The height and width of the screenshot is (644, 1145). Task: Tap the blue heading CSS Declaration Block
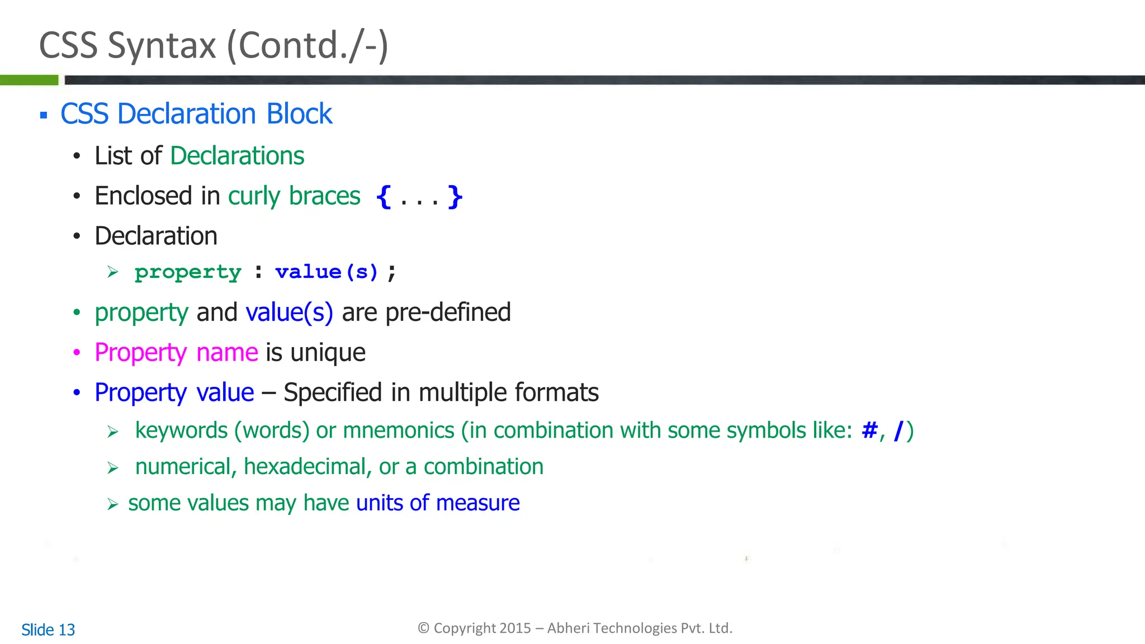pos(196,114)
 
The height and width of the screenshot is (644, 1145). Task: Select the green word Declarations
pos(237,156)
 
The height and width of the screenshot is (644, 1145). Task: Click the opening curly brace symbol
pos(384,197)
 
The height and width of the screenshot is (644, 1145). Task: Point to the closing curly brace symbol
pos(455,197)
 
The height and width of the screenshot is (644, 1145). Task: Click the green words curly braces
pos(294,196)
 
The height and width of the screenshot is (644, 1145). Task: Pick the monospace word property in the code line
pos(188,272)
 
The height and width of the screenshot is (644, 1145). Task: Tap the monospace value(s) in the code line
pos(327,272)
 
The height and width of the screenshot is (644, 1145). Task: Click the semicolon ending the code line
pos(392,273)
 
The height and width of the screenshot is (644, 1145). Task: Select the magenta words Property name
pos(176,353)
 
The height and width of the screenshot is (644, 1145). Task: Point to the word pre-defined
pos(448,312)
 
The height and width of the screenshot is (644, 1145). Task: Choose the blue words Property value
pos(174,393)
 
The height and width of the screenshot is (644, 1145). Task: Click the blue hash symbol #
pos(869,430)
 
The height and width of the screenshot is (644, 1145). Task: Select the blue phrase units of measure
pos(438,503)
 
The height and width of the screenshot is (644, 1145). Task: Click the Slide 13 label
pos(48,630)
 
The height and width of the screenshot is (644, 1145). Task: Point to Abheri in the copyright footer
pos(568,628)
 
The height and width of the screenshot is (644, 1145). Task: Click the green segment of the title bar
pos(29,80)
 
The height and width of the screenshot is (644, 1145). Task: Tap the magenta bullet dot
pos(77,353)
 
